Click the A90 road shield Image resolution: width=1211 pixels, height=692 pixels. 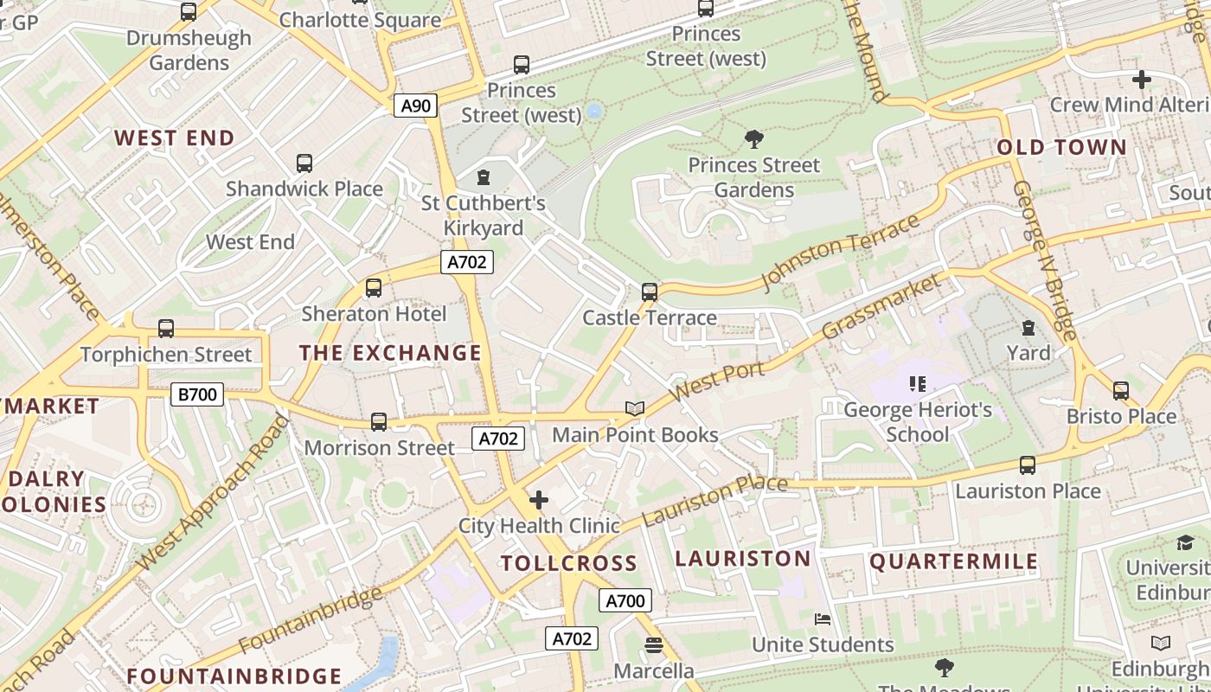click(416, 106)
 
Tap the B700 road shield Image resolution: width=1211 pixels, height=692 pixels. click(197, 395)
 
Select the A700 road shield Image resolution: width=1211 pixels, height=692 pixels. click(625, 600)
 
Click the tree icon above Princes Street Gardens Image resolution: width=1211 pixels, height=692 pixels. click(754, 138)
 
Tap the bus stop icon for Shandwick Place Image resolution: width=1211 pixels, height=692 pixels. click(304, 163)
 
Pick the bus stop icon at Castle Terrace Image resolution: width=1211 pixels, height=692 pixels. click(650, 292)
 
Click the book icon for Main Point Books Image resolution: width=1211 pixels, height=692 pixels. click(635, 408)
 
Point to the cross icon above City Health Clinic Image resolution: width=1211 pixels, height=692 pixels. click(538, 499)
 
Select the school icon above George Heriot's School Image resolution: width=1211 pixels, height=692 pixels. click(918, 383)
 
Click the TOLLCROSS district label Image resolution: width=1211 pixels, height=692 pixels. click(569, 563)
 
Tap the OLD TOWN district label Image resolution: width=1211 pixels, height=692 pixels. click(1062, 147)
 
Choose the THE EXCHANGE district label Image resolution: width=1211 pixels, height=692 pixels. click(390, 353)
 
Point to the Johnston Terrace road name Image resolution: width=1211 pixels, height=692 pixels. click(840, 251)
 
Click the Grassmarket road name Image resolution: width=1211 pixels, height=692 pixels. click(881, 306)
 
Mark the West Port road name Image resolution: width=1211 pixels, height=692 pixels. click(717, 381)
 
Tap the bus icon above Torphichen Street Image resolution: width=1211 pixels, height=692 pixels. click(166, 329)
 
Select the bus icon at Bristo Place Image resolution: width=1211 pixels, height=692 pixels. click(1121, 391)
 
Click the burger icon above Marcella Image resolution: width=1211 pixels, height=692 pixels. click(654, 645)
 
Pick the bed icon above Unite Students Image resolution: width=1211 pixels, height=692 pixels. click(823, 618)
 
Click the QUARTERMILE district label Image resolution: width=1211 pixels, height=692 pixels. click(953, 561)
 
